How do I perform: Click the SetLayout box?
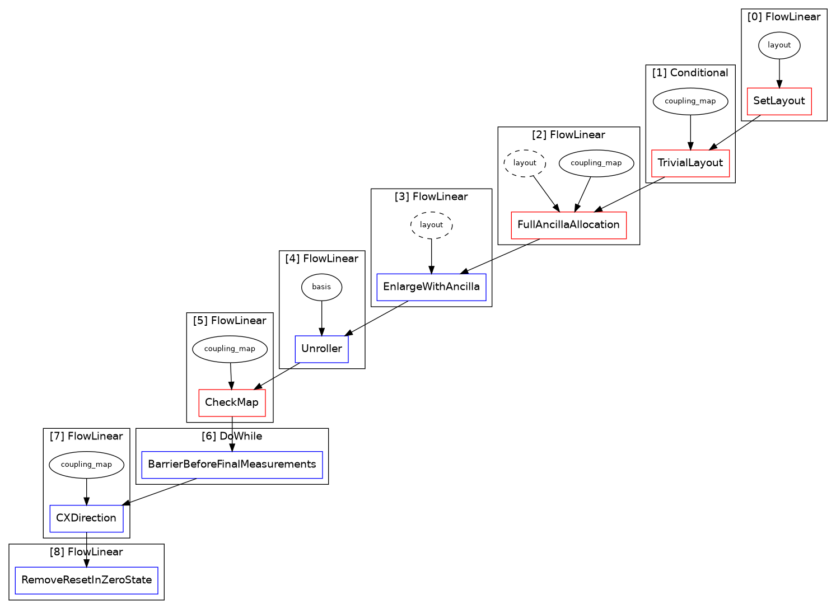point(779,101)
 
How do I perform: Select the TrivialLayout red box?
point(690,163)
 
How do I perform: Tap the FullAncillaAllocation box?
point(568,225)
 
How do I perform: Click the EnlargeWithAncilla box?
point(431,287)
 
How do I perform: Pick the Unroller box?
point(321,349)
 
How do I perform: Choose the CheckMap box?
point(232,403)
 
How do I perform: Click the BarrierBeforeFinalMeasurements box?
point(232,465)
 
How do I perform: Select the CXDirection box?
point(86,518)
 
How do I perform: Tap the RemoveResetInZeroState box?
point(86,580)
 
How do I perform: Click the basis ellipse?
point(321,287)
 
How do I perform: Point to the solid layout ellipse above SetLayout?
point(779,45)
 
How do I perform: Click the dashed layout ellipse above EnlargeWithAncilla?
point(431,225)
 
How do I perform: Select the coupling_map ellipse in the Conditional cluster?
point(690,101)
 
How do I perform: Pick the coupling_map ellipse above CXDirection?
point(86,465)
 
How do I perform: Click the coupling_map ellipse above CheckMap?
point(230,349)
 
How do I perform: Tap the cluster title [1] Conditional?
point(690,73)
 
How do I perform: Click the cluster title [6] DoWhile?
point(232,436)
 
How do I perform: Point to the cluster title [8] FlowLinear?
point(86,552)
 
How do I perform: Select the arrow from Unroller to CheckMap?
point(277,376)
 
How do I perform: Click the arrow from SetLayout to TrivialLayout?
point(735,133)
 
